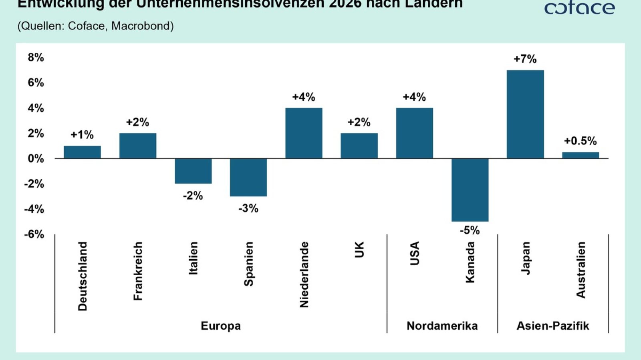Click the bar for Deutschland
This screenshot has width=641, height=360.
(82, 152)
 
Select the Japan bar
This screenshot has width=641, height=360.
(525, 114)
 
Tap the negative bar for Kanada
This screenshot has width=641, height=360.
(470, 190)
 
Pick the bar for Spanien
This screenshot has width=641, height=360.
(248, 177)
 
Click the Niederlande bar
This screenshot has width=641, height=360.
(304, 133)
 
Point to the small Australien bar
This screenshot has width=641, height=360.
(580, 155)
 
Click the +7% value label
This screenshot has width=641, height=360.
(525, 59)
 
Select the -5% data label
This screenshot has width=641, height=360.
(470, 230)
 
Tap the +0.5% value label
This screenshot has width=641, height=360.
(580, 141)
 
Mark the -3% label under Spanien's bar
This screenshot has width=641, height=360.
(248, 208)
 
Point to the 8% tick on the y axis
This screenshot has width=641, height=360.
(36, 57)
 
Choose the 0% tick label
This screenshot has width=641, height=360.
(36, 158)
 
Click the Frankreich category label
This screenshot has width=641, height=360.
(138, 271)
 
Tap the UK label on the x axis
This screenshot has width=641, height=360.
(359, 250)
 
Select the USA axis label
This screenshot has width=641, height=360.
(415, 253)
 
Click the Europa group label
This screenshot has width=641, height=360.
(221, 326)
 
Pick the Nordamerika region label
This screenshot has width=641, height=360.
(442, 326)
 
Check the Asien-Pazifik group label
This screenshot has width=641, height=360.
(552, 326)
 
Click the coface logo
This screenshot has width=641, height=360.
(579, 8)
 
